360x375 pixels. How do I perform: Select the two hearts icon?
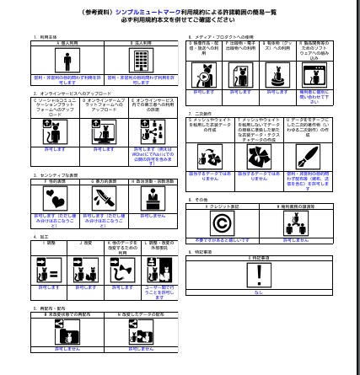tap(55, 198)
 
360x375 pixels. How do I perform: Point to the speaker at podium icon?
tap(153, 198)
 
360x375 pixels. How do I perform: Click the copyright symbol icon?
tap(222, 223)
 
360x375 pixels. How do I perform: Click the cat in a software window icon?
tap(313, 77)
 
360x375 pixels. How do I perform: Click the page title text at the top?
tap(179, 12)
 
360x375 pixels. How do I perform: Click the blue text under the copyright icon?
tap(222, 240)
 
